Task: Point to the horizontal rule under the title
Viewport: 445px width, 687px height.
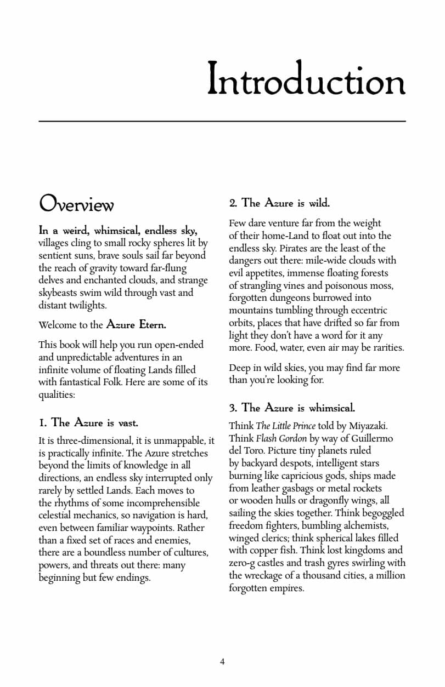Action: pyautogui.click(x=222, y=121)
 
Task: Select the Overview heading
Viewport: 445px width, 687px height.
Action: pyautogui.click(x=76, y=204)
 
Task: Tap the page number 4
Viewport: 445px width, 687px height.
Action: pyautogui.click(x=222, y=661)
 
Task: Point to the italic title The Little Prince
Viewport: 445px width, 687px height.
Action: pyautogui.click(x=285, y=426)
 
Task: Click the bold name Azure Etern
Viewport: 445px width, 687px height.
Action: pyautogui.click(x=136, y=324)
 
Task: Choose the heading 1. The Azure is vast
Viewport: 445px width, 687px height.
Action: pyautogui.click(x=88, y=423)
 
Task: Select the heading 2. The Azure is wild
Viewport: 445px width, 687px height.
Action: pyautogui.click(x=279, y=203)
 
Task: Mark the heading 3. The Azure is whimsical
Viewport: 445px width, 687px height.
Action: pyautogui.click(x=292, y=408)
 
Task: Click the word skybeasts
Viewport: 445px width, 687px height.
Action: pyautogui.click(x=58, y=293)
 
